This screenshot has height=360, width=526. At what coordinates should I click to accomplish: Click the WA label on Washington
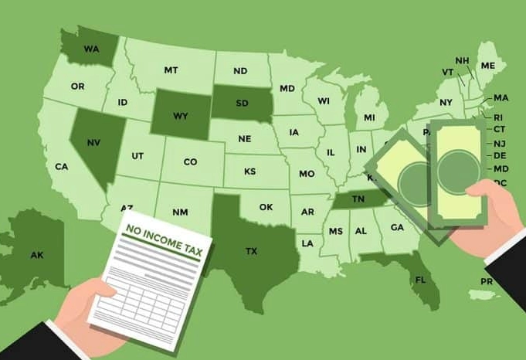pyautogui.click(x=92, y=49)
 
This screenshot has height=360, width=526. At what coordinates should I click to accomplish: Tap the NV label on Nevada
pyautogui.click(x=93, y=143)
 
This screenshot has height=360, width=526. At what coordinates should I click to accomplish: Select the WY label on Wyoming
pyautogui.click(x=180, y=117)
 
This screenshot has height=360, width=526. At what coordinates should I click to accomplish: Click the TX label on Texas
pyautogui.click(x=251, y=251)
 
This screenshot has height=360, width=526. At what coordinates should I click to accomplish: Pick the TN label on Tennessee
pyautogui.click(x=359, y=199)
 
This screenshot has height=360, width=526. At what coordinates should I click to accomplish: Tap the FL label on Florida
pyautogui.click(x=421, y=279)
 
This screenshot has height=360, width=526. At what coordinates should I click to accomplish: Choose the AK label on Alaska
pyautogui.click(x=37, y=255)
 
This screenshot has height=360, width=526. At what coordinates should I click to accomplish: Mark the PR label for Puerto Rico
pyautogui.click(x=487, y=282)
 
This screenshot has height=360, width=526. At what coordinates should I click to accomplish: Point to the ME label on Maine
pyautogui.click(x=487, y=66)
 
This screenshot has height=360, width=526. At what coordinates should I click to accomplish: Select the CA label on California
pyautogui.click(x=62, y=166)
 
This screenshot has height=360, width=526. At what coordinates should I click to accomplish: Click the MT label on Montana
pyautogui.click(x=171, y=70)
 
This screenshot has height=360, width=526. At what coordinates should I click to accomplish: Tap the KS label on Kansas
pyautogui.click(x=250, y=172)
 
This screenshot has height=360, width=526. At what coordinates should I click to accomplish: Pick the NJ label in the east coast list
pyautogui.click(x=501, y=143)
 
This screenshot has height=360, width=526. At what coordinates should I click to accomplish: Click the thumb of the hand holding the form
pyautogui.click(x=99, y=292)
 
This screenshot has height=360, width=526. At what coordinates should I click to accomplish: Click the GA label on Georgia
pyautogui.click(x=397, y=227)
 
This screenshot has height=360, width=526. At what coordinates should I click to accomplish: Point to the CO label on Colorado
pyautogui.click(x=190, y=162)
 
